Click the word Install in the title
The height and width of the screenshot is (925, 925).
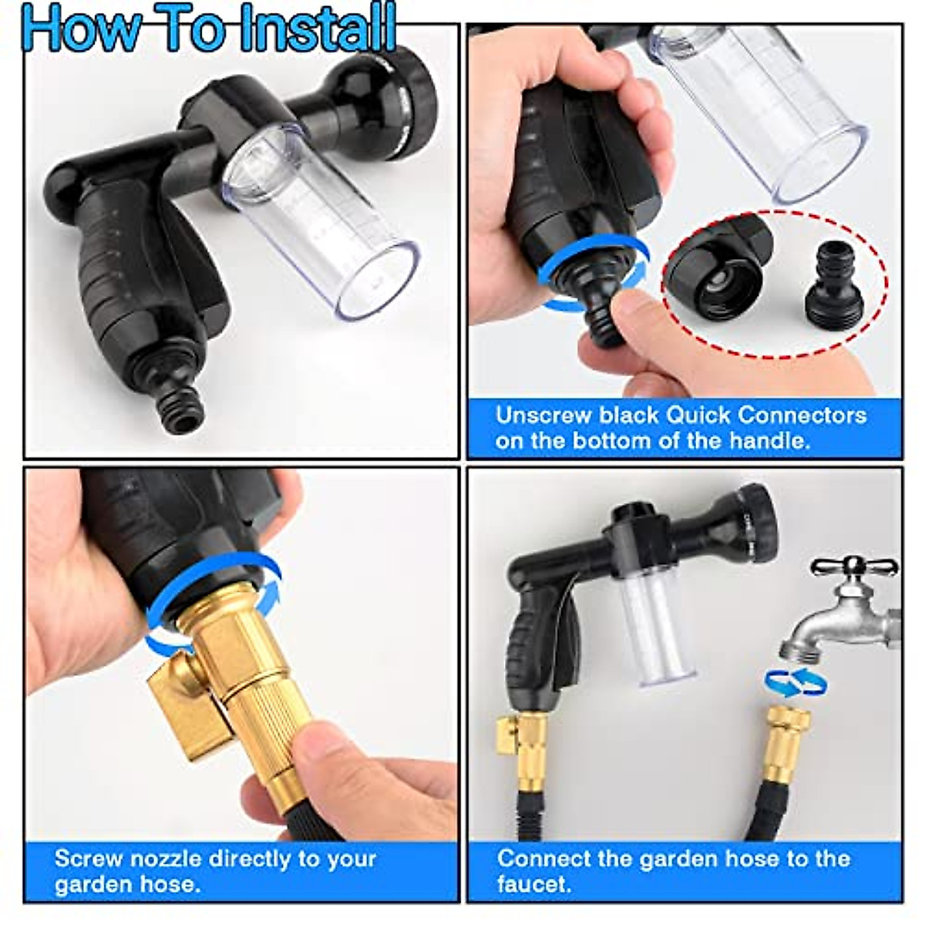(x=318, y=28)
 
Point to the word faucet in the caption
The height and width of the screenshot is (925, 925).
(x=533, y=883)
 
